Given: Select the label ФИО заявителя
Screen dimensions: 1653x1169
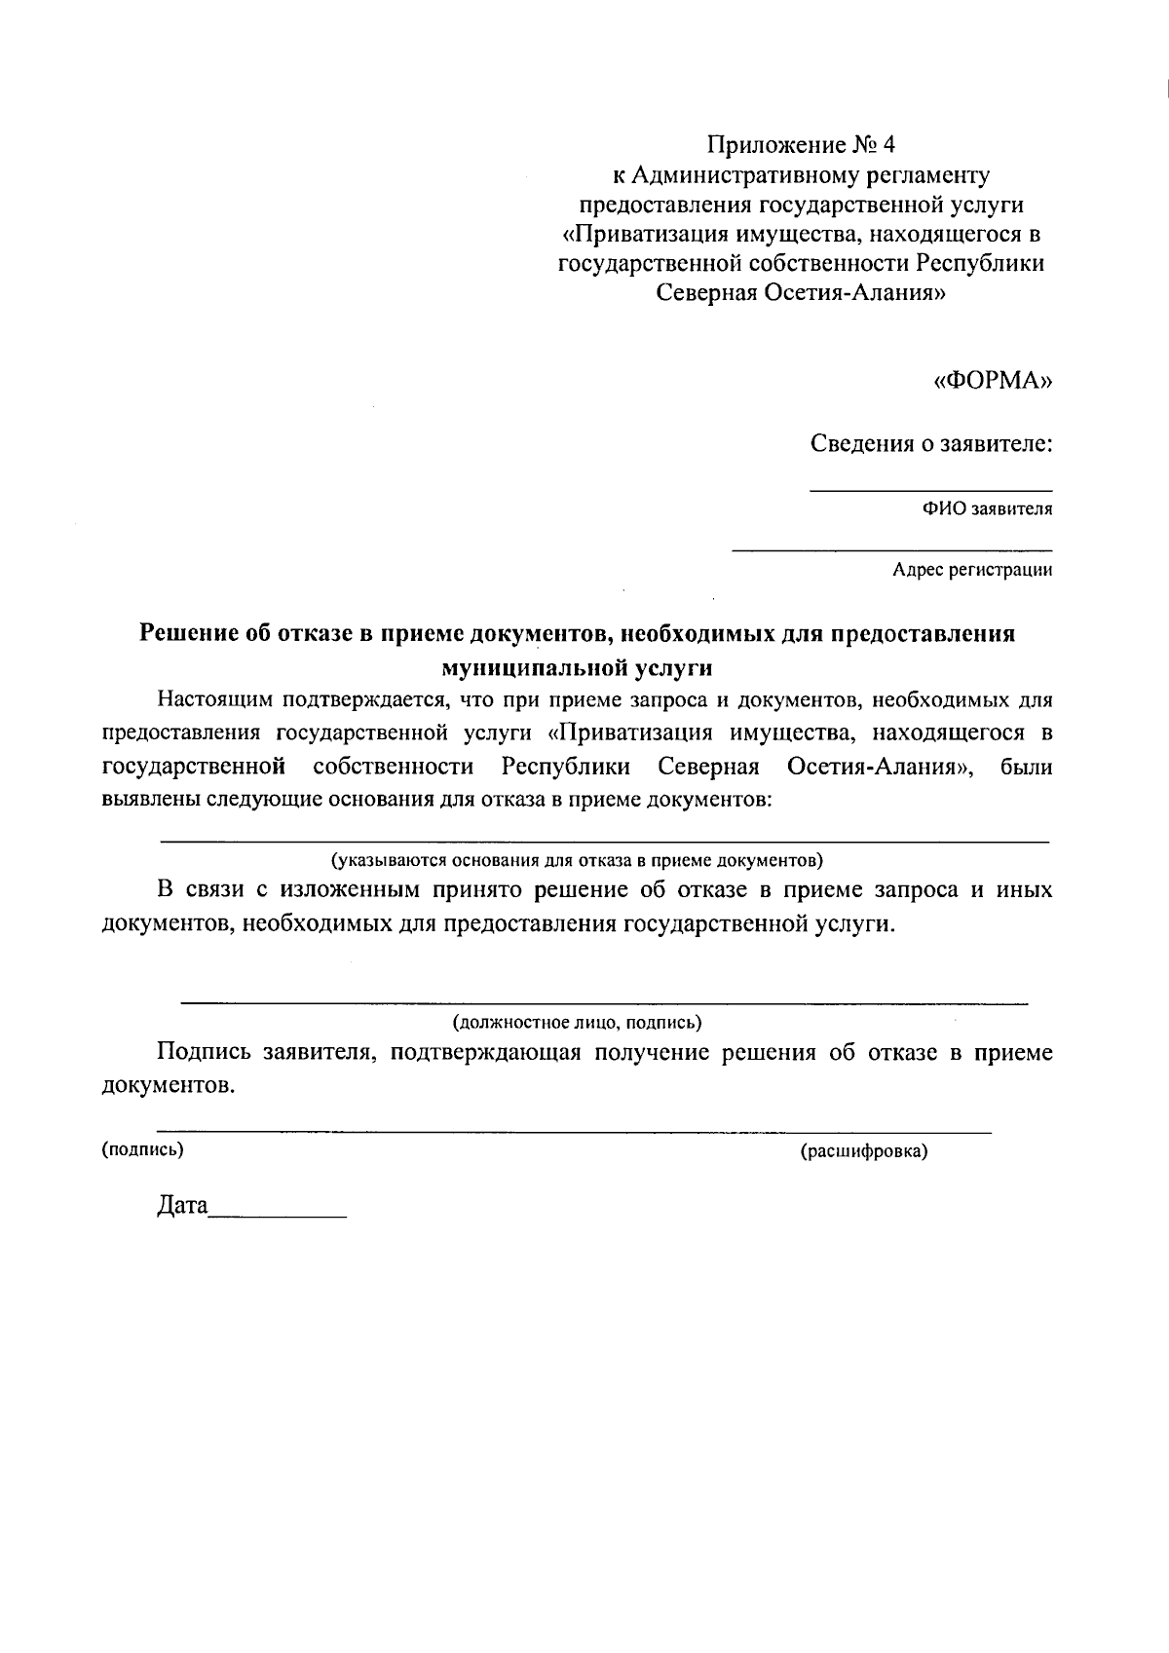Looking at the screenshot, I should [988, 508].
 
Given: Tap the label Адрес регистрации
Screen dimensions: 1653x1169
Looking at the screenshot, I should [972, 570].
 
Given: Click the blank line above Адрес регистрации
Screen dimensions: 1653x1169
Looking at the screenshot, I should [891, 551].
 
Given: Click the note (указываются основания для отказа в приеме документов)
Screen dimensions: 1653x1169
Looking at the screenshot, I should [577, 860].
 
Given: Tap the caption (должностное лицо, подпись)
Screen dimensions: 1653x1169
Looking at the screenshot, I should [577, 1023].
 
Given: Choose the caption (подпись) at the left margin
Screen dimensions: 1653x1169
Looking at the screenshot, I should [142, 1149].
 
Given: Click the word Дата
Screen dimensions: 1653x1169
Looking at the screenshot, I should [182, 1207].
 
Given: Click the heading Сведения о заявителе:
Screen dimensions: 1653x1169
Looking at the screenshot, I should [932, 445].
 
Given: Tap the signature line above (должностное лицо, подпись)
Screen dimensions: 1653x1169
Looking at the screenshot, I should [604, 1002].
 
